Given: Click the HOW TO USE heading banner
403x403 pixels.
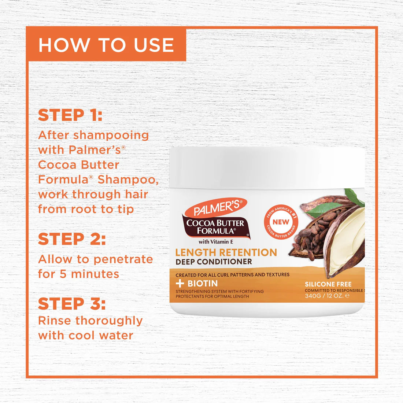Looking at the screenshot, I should point(106,45).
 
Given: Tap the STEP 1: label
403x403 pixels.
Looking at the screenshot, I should point(70,115).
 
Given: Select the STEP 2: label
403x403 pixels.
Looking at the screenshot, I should point(72,239).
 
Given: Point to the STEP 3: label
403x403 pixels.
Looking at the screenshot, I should point(72,304).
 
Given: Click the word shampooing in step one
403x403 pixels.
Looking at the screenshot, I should point(111,136).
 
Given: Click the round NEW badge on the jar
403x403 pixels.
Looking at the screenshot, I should point(281,222).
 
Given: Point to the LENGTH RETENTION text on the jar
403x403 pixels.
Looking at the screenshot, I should point(226,252).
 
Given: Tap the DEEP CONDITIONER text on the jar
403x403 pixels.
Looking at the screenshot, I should point(214,262).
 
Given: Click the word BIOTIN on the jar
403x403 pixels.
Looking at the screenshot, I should point(203,283).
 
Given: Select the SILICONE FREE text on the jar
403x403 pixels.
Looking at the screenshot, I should point(328,284).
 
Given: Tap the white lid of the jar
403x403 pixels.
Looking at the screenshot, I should point(267,167).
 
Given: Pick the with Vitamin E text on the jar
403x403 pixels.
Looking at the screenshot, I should point(216,242).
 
